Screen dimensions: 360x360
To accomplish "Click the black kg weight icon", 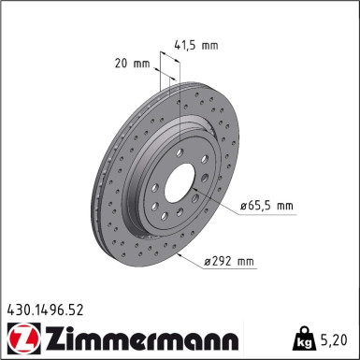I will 306,336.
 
